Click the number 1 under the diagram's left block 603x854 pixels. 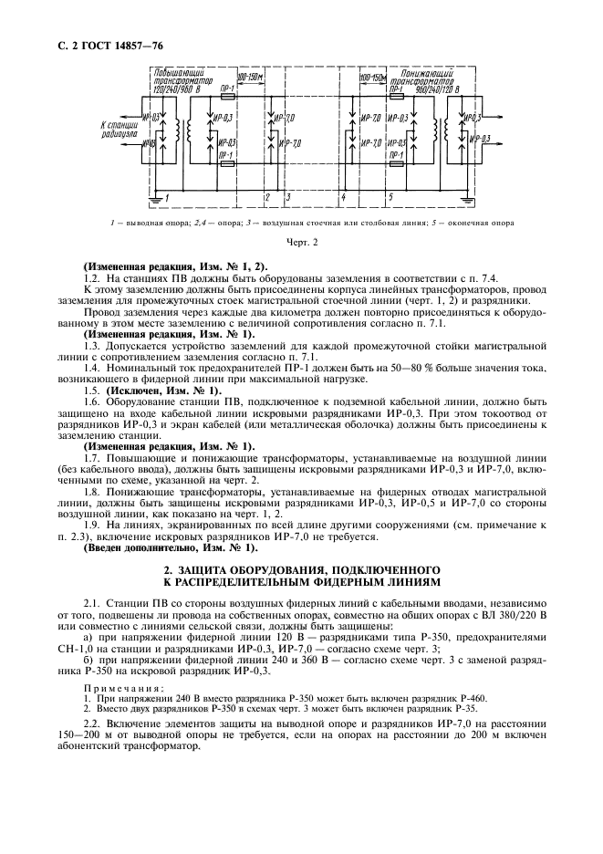(x=167, y=197)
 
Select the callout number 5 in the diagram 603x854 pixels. (x=391, y=197)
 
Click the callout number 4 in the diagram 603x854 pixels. (x=343, y=197)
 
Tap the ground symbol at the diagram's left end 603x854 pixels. (x=157, y=199)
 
